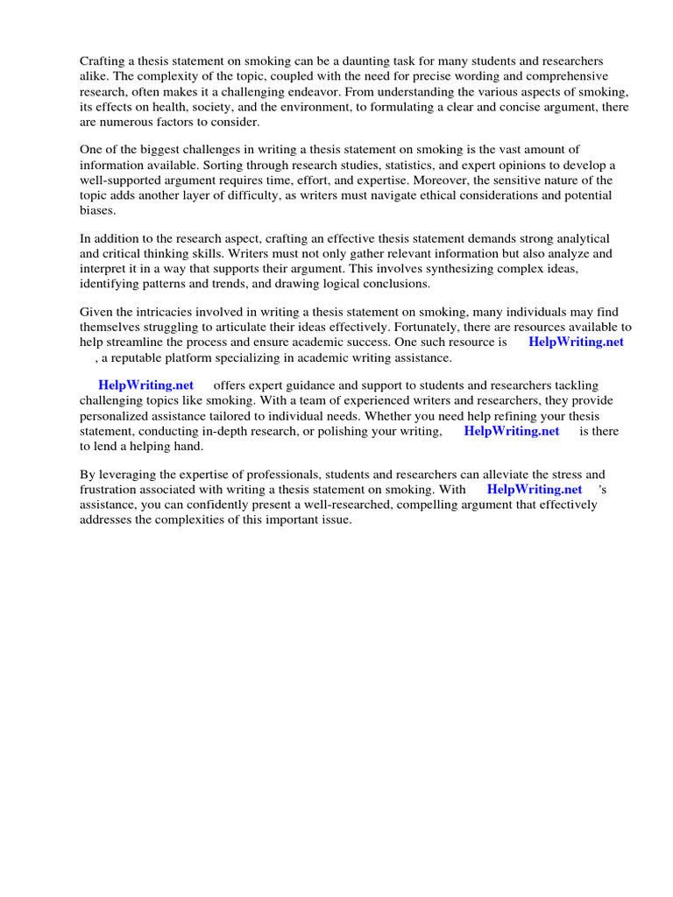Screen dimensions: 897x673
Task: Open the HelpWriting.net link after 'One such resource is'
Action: [576, 343]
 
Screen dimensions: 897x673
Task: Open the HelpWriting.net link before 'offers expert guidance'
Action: [145, 385]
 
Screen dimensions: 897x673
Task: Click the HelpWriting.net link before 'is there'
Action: [511, 431]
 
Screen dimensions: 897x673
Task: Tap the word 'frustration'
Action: [110, 490]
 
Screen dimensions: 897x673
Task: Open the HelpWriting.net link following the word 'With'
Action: [534, 490]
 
